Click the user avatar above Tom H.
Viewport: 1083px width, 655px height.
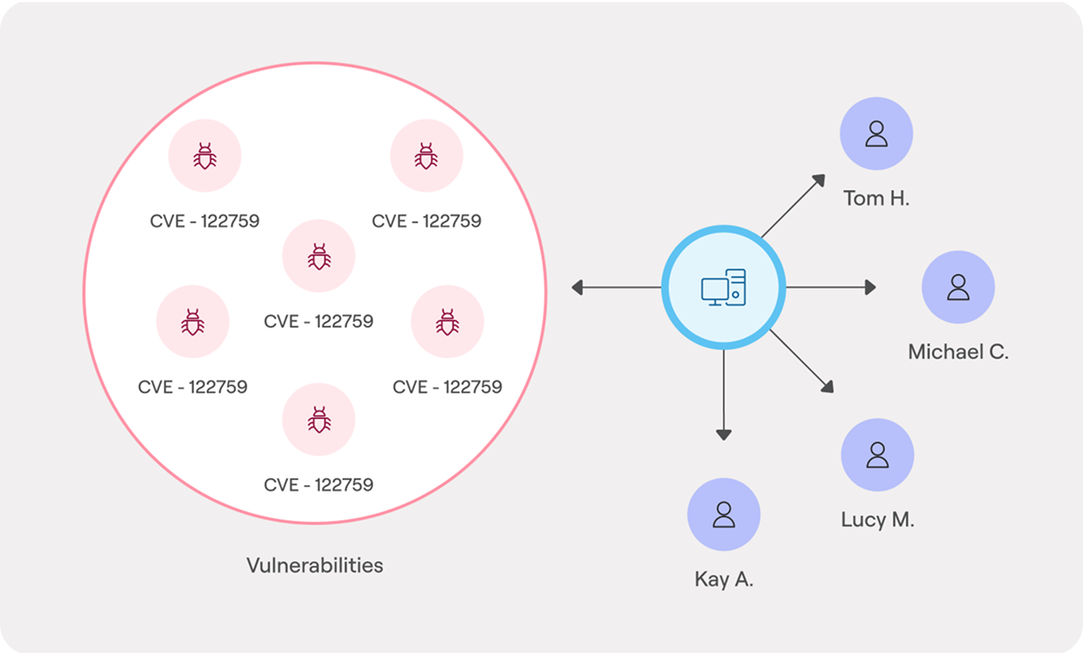pyautogui.click(x=876, y=133)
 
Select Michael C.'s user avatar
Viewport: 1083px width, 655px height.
pyautogui.click(x=957, y=287)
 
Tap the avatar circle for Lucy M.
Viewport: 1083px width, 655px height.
pyautogui.click(x=877, y=455)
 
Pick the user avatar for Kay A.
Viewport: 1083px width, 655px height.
pyautogui.click(x=723, y=515)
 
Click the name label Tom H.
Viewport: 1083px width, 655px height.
pyautogui.click(x=876, y=198)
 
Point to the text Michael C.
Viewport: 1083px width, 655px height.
pyautogui.click(x=958, y=352)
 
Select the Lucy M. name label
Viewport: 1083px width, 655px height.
pyautogui.click(x=877, y=520)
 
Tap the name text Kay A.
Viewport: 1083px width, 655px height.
pyautogui.click(x=723, y=580)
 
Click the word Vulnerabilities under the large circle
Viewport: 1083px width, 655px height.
pyautogui.click(x=314, y=565)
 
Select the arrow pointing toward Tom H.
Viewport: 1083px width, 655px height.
pyautogui.click(x=793, y=206)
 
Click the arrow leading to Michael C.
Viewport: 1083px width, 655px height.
pyautogui.click(x=830, y=288)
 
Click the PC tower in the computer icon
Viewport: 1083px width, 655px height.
pyautogui.click(x=736, y=287)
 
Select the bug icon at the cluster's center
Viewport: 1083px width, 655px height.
pyautogui.click(x=318, y=257)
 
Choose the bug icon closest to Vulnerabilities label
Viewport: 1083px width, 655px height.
pyautogui.click(x=318, y=420)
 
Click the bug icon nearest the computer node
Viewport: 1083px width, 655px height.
pyautogui.click(x=447, y=321)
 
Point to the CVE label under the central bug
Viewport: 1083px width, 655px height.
pyautogui.click(x=318, y=321)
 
